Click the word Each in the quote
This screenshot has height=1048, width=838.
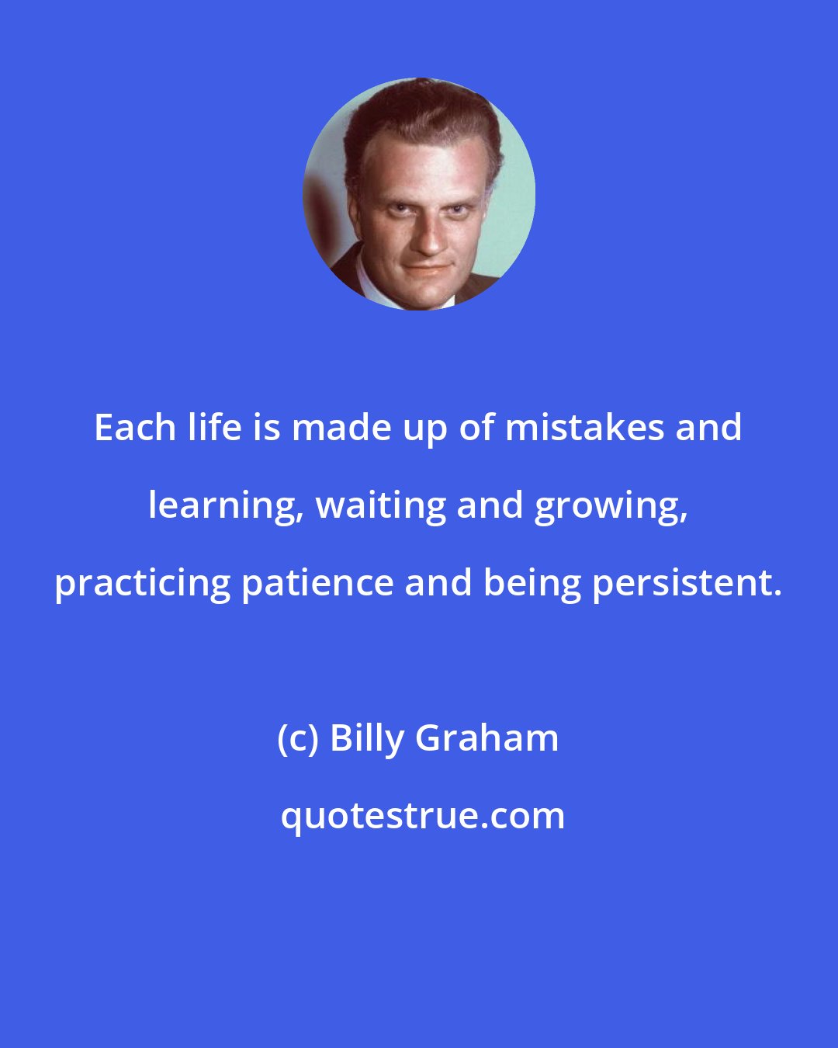(x=135, y=428)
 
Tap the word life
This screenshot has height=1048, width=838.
(x=213, y=428)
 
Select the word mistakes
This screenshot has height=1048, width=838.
(x=583, y=428)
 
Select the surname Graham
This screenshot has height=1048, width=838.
(x=487, y=738)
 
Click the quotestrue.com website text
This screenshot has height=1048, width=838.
(x=423, y=816)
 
